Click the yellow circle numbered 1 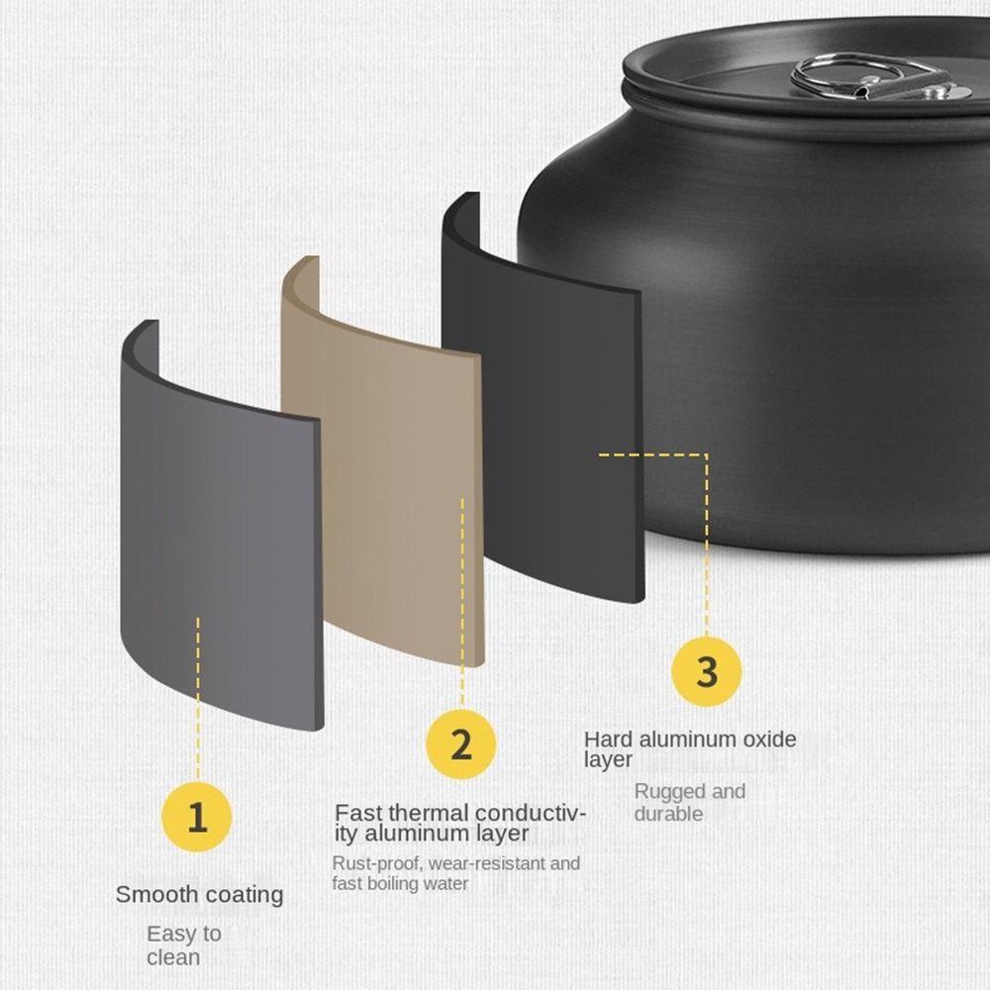(198, 818)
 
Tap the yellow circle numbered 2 (461, 743)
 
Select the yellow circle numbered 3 (706, 671)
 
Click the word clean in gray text (173, 957)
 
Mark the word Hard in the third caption (607, 739)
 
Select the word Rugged (669, 791)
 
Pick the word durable (668, 814)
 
